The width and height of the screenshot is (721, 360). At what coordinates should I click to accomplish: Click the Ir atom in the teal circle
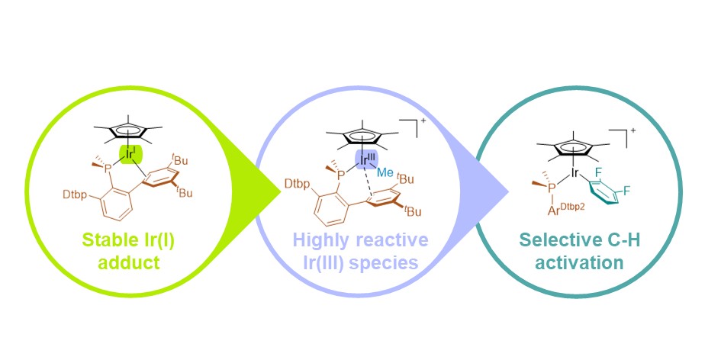[x=575, y=173]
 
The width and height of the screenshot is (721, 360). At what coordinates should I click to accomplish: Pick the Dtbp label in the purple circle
[x=296, y=184]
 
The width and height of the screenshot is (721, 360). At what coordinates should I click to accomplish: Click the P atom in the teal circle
[x=551, y=187]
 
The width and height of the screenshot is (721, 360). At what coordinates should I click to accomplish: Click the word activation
[x=579, y=262]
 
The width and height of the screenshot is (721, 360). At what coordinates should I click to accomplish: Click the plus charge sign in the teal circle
[x=632, y=131]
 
